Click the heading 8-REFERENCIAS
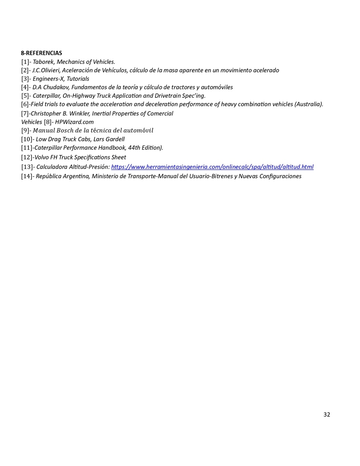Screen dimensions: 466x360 click(42, 53)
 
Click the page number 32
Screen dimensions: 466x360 click(327, 415)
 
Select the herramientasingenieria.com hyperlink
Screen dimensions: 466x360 click(212, 167)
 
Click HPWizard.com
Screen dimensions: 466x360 click(74, 122)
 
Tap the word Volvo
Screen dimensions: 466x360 click(42, 157)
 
